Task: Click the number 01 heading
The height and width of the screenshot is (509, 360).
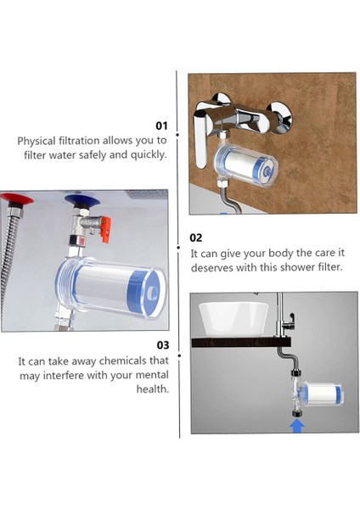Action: tap(161, 126)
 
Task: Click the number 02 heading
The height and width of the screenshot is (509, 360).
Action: tap(195, 238)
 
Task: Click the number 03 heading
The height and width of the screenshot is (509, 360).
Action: tap(163, 345)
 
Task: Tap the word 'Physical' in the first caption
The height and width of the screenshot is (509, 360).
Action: tap(37, 141)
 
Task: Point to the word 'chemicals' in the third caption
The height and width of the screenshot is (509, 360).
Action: tap(123, 361)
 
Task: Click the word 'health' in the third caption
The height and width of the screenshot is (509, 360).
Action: tap(152, 389)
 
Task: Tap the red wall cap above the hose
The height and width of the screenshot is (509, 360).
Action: tap(16, 198)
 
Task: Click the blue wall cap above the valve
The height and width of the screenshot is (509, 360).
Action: tap(80, 199)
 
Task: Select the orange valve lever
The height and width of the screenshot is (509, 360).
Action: tap(106, 229)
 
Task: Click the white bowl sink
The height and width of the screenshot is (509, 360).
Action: tap(233, 320)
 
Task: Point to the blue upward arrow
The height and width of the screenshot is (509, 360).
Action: tap(297, 426)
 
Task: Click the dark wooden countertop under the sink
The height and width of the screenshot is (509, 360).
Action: tap(241, 342)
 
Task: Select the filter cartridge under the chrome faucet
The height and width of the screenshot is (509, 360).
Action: tap(246, 165)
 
